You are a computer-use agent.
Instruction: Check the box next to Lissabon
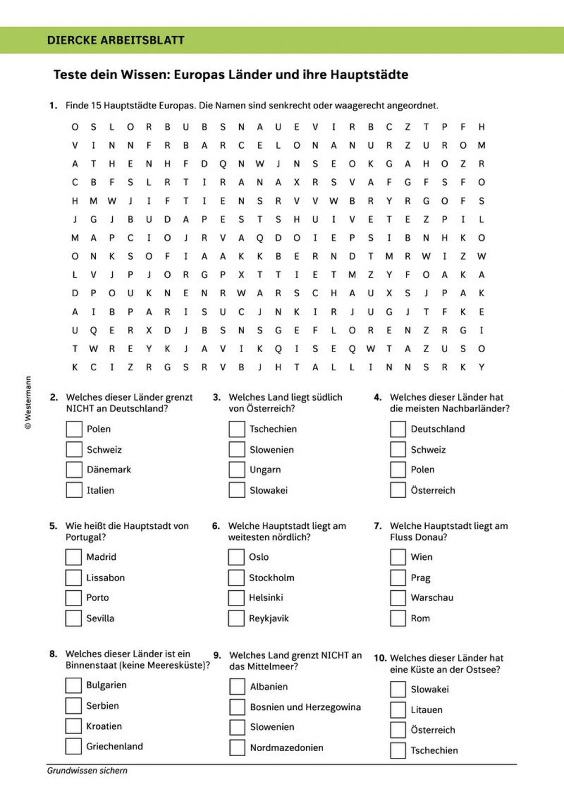coord(73,578)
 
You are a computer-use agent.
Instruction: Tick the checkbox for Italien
coord(74,490)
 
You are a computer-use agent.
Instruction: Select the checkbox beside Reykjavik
coord(236,618)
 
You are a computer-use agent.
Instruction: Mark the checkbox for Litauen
coord(398,710)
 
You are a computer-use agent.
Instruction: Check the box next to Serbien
coord(73,705)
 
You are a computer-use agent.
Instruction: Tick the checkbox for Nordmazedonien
coord(237,748)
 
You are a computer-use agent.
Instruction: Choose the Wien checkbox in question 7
coord(398,557)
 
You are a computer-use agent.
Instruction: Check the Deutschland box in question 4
coord(398,429)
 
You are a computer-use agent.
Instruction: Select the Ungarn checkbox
coord(237,469)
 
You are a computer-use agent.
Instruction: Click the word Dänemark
coord(109,469)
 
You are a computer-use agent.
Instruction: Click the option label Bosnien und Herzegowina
coord(305,707)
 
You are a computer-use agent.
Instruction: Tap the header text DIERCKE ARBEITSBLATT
coord(116,40)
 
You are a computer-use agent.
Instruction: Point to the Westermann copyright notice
coord(28,403)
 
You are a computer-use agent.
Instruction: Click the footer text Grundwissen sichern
coord(87,770)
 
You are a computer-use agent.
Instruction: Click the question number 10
coord(380,658)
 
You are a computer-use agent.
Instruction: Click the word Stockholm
coord(271,578)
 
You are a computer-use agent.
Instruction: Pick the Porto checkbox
coord(73,598)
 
